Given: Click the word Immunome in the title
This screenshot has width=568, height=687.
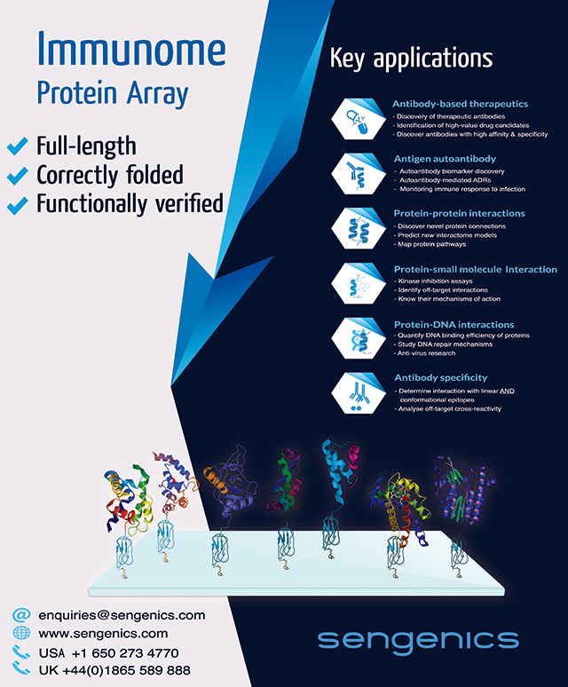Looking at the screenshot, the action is [x=131, y=49].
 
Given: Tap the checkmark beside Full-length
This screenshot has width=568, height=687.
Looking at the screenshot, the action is [x=18, y=146].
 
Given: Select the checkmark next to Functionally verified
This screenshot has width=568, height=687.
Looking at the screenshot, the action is [x=18, y=205].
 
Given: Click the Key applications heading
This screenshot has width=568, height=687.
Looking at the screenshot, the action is [x=411, y=58].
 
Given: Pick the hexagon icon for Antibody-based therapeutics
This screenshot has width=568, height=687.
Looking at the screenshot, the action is [x=359, y=119].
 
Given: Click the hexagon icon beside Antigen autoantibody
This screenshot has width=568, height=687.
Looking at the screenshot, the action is [x=359, y=173].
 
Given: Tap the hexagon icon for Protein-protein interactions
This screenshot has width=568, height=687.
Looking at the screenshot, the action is [x=359, y=228].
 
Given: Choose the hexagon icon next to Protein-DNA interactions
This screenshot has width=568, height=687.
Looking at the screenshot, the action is [x=359, y=338].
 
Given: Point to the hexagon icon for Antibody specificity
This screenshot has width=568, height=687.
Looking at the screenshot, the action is [x=359, y=393].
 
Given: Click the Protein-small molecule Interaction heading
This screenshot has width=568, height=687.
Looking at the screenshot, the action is [x=476, y=270].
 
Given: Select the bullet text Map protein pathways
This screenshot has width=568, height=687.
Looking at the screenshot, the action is [x=431, y=244].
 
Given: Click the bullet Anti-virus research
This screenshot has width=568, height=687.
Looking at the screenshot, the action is [x=426, y=353].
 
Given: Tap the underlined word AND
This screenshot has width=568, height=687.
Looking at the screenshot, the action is [x=507, y=391].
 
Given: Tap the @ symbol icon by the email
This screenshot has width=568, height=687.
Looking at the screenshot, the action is [x=21, y=615].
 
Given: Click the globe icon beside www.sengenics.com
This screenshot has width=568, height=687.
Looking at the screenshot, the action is [x=21, y=633].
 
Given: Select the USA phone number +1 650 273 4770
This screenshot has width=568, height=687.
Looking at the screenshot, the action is [x=125, y=653].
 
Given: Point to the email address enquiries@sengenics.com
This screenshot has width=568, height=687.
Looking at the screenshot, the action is [x=122, y=616].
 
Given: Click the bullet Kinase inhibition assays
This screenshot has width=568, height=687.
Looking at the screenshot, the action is [x=435, y=280].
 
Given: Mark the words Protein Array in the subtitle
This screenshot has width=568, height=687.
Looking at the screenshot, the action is [x=113, y=94].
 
